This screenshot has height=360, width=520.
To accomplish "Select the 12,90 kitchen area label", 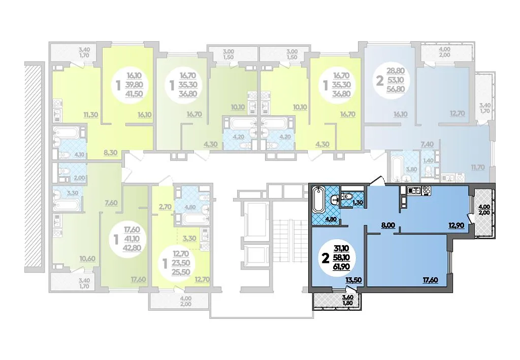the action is [x=456, y=225].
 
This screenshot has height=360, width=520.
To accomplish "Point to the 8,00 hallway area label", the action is [x=388, y=225].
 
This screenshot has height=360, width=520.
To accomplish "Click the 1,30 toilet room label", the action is [x=357, y=202].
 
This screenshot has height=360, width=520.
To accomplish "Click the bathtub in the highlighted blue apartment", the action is [x=318, y=200].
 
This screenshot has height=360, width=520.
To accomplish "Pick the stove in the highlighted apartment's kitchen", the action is [x=426, y=190].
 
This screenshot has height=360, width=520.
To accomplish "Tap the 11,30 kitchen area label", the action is [x=90, y=115].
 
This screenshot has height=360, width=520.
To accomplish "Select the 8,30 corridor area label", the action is [x=110, y=153].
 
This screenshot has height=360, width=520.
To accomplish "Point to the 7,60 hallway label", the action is [x=111, y=203].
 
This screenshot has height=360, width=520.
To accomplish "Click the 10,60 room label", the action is [x=88, y=258].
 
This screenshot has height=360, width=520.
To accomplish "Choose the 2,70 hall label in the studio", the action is [x=165, y=207].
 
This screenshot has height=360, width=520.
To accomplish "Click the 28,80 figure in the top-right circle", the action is [x=396, y=71].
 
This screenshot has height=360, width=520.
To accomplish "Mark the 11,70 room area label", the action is [x=478, y=168].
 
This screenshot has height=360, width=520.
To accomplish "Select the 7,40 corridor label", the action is [x=427, y=144].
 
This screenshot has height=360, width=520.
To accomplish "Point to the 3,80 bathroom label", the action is [x=411, y=169].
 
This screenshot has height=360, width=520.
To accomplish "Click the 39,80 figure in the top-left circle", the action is [x=134, y=85].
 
